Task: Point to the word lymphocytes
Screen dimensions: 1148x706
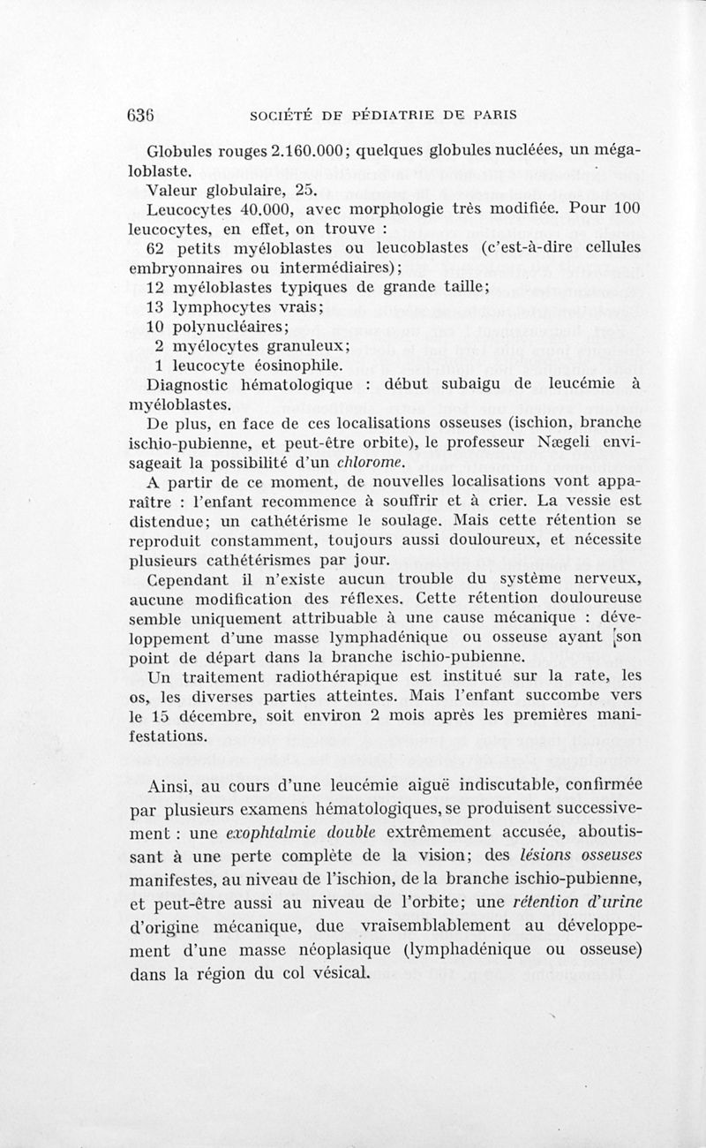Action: (x=217, y=306)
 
